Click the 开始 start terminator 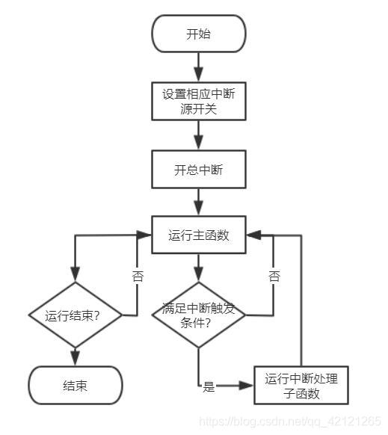198,34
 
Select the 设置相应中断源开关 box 198,102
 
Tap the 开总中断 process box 198,170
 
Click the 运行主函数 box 198,235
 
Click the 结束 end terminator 74,386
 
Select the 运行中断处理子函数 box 301,386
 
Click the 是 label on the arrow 209,387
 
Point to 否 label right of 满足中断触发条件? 274,276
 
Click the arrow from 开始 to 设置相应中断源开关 198,67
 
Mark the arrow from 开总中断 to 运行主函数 198,202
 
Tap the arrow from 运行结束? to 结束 74,356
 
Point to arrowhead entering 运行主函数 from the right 255,235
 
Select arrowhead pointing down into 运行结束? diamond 74,275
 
